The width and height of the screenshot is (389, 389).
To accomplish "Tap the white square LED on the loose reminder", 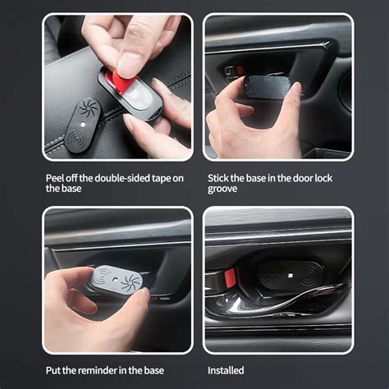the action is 83,126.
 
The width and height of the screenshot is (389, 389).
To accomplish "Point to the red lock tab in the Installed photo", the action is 230,277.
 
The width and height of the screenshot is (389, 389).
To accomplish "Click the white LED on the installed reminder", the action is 291,276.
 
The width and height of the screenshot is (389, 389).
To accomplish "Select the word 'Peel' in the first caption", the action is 55,178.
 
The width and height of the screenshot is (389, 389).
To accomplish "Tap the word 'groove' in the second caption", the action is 222,189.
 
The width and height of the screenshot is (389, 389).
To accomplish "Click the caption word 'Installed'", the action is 226,370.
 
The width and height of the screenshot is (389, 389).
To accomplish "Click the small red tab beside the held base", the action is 240,70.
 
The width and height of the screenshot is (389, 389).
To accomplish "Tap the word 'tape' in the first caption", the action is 161,179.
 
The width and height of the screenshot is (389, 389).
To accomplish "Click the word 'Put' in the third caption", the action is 53,370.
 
